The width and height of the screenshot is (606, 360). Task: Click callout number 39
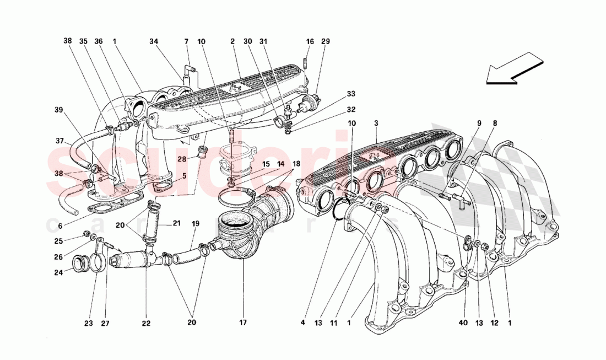tap(58, 110)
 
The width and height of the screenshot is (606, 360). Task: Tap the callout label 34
tap(153, 41)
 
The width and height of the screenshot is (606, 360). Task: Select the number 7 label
tap(186, 41)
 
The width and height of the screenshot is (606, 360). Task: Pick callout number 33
tap(351, 94)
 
